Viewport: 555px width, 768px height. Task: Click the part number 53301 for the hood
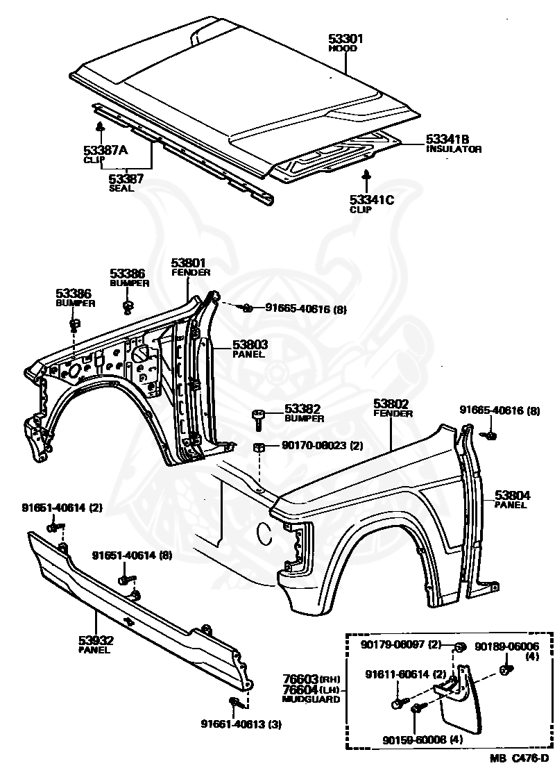pos(345,39)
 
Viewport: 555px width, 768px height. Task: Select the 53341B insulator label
pos(447,140)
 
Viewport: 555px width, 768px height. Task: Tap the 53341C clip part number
pos(372,199)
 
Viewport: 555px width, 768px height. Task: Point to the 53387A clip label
pos(105,150)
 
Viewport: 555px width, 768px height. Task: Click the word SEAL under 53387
pos(121,189)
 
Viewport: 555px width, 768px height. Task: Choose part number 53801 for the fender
pos(189,262)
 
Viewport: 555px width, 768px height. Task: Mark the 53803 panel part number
pos(250,345)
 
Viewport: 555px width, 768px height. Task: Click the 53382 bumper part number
pos(302,408)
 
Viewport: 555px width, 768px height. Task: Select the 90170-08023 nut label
pos(323,446)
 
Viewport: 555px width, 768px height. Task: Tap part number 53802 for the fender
pos(391,403)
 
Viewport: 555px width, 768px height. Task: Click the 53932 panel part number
pos(96,640)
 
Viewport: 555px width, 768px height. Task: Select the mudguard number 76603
pos(300,679)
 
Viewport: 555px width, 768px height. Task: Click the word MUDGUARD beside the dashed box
pos(311,699)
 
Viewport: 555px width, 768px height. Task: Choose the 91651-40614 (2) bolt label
pos(62,508)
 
